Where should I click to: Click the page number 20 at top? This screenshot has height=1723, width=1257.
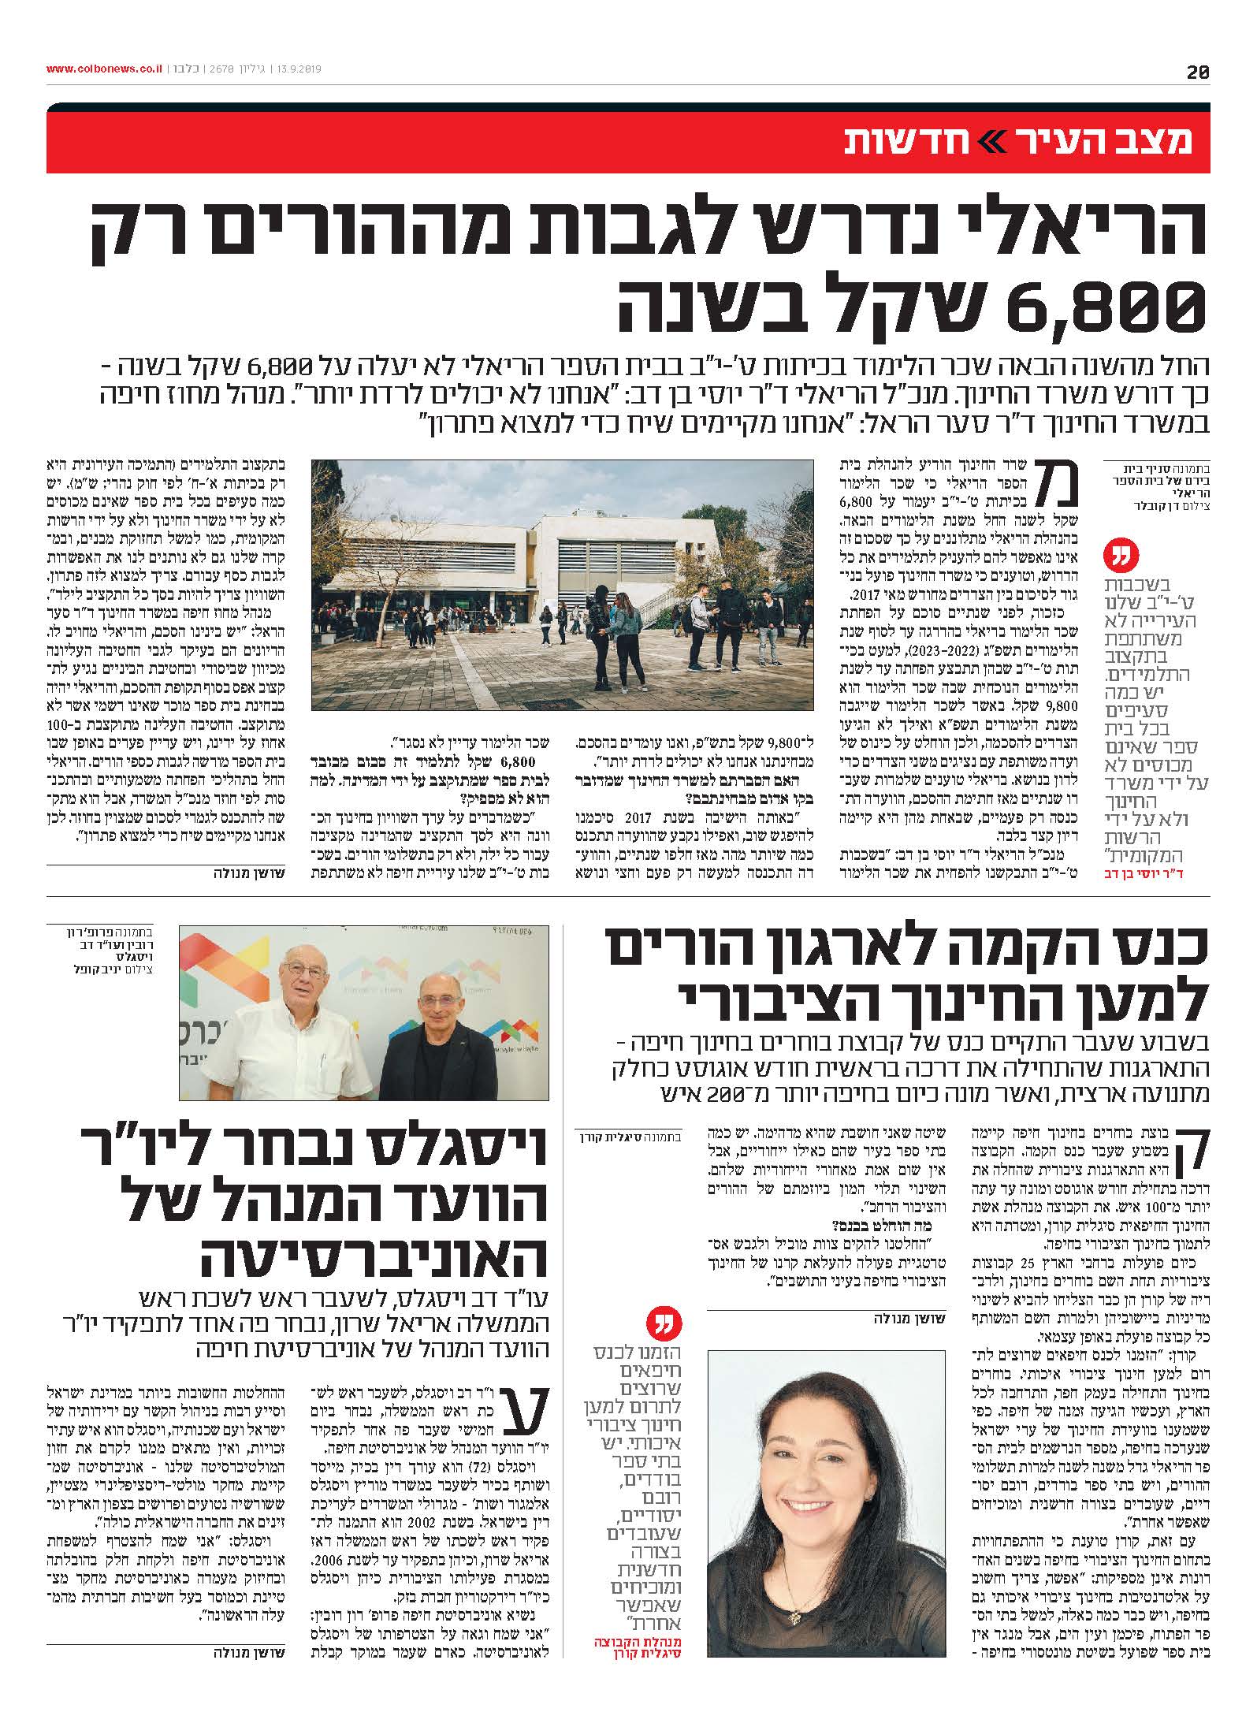point(1197,72)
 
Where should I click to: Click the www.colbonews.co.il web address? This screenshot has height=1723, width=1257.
point(105,69)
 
